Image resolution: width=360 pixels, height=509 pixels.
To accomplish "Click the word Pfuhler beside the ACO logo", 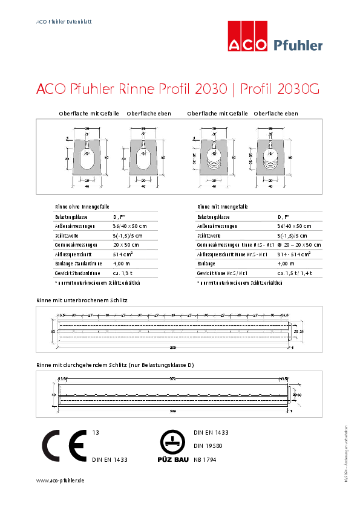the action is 298,45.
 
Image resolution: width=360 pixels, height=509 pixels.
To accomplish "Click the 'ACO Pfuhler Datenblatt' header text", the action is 64,21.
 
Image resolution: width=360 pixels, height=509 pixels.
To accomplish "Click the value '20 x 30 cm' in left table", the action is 126,245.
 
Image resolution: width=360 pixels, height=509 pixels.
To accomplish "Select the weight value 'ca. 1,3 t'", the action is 123,273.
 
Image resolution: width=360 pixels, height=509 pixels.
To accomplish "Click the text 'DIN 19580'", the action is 206,446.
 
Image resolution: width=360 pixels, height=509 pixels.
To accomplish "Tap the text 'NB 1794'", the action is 205,459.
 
